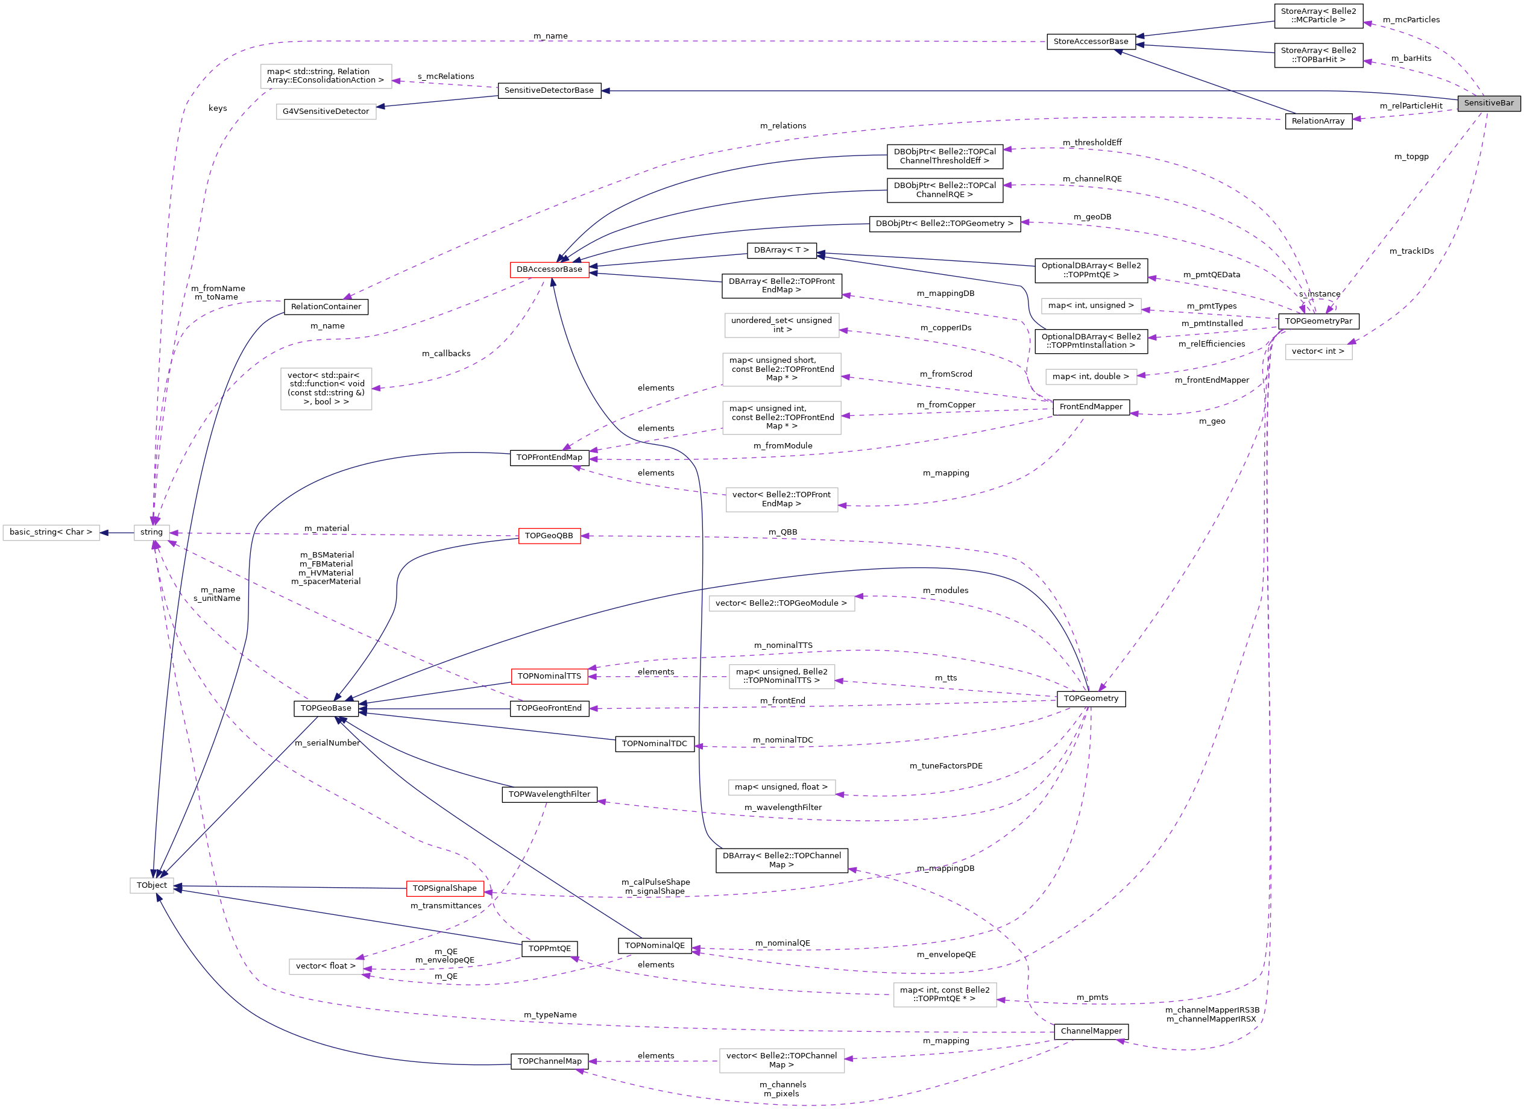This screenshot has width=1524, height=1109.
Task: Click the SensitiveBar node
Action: [1488, 104]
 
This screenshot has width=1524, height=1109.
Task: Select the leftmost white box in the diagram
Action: [51, 533]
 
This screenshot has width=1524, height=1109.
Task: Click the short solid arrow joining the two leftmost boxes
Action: [117, 533]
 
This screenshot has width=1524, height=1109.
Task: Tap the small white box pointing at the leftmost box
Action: [152, 533]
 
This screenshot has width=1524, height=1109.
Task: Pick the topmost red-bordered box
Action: [550, 270]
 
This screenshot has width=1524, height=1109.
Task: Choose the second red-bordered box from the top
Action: [550, 536]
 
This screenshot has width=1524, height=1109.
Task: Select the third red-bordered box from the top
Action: [550, 676]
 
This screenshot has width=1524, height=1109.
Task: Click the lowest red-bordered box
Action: [446, 888]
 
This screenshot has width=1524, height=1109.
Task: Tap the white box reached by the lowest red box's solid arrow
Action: [152, 886]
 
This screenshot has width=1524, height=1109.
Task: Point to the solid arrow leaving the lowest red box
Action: [289, 887]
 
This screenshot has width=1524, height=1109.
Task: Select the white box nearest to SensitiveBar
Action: [1318, 352]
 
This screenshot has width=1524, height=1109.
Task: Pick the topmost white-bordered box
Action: [327, 77]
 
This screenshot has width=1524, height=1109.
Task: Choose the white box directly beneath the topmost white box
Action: [327, 112]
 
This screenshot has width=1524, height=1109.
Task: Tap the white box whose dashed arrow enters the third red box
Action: [782, 676]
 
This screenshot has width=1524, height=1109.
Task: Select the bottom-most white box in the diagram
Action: [782, 1061]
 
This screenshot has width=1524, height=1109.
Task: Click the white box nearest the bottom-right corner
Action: [945, 995]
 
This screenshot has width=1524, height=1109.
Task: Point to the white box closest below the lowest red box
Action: [327, 967]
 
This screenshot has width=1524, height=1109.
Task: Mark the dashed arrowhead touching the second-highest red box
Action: [585, 536]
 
